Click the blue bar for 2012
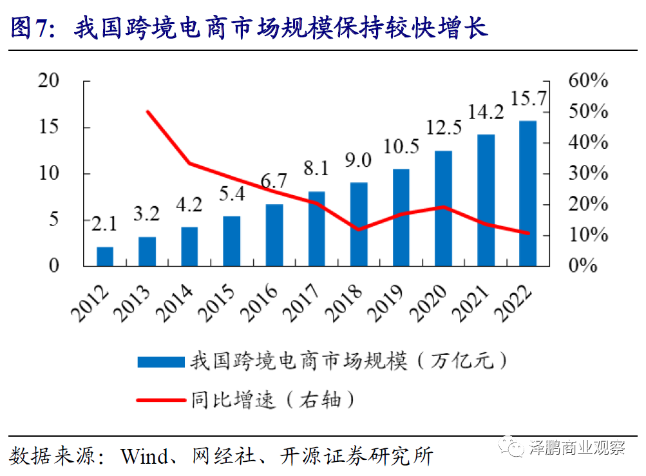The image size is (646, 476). pyautogui.click(x=105, y=256)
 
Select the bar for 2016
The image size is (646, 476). pyautogui.click(x=274, y=235)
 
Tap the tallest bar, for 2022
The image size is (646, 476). pyautogui.click(x=528, y=193)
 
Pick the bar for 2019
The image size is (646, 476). pyautogui.click(x=401, y=217)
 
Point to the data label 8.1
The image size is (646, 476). pyautogui.click(x=316, y=169)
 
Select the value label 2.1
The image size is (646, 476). pyautogui.click(x=104, y=224)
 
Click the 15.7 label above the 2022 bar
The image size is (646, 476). pyautogui.click(x=528, y=99)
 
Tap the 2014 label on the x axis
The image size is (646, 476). pyautogui.click(x=176, y=301)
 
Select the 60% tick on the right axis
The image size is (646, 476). pyautogui.click(x=588, y=81)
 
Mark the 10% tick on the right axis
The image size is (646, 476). pyautogui.click(x=588, y=235)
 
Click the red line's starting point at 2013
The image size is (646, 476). pyautogui.click(x=147, y=111)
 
